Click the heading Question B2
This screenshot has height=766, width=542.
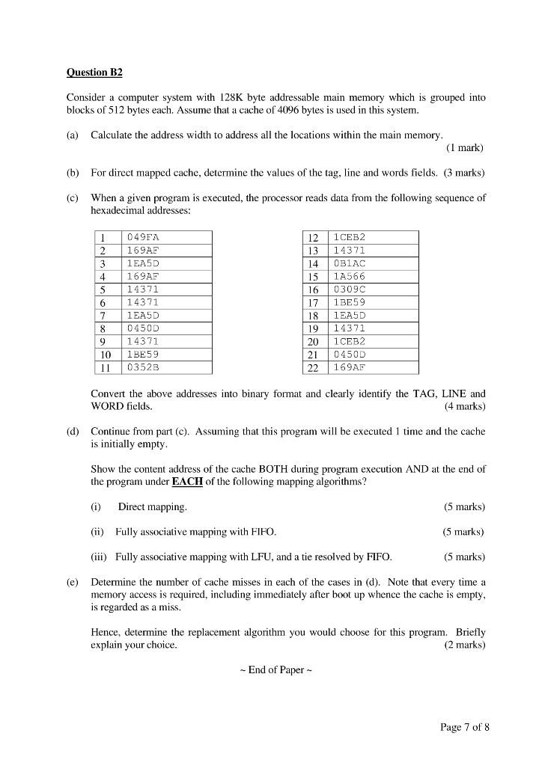pos(94,73)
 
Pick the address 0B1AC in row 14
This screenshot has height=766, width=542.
pos(350,263)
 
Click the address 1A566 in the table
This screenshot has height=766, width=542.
pos(350,276)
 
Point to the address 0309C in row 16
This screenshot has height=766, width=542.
pos(350,289)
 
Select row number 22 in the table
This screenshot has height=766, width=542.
pos(313,367)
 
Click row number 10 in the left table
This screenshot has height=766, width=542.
pos(106,355)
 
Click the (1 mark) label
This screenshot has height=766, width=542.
pos(465,147)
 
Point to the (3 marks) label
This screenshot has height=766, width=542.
pos(464,173)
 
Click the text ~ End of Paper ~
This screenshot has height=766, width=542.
pos(271,670)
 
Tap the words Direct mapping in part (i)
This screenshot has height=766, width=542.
pos(152,506)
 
